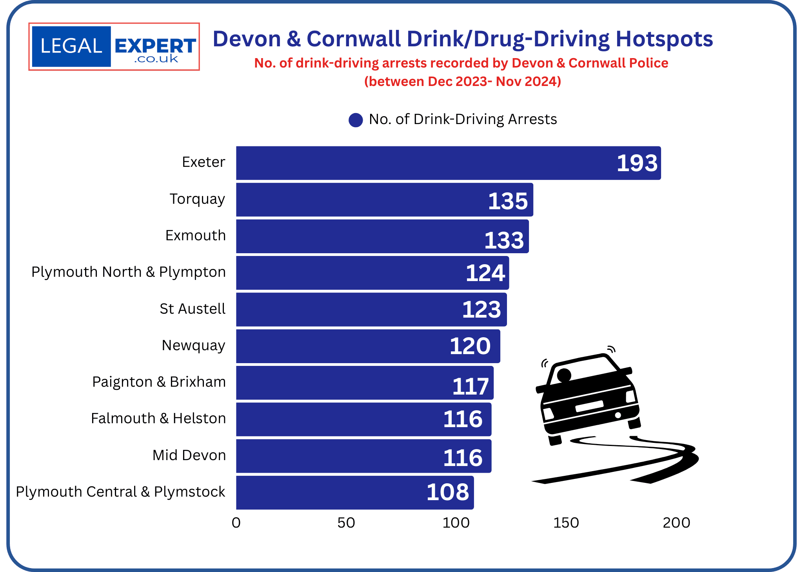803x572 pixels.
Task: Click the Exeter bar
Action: (431, 163)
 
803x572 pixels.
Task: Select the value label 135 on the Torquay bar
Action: (508, 201)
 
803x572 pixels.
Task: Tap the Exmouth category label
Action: (195, 236)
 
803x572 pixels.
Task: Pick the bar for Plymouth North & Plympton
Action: (353, 273)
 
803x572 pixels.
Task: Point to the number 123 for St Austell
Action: (481, 309)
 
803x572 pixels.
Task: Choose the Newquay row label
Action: (193, 345)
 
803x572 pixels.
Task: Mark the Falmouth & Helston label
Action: (158, 418)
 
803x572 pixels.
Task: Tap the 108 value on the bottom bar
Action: (448, 492)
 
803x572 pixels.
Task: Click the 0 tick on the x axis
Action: (236, 523)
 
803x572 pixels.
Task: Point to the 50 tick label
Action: (346, 523)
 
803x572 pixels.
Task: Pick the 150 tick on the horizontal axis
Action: (566, 523)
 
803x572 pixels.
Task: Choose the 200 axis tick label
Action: (676, 523)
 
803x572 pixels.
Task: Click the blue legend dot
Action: (356, 120)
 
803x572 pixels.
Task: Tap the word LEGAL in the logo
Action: (71, 46)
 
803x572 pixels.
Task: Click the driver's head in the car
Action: (564, 375)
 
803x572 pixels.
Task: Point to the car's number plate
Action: (589, 406)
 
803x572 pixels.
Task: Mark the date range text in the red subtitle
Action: (463, 82)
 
